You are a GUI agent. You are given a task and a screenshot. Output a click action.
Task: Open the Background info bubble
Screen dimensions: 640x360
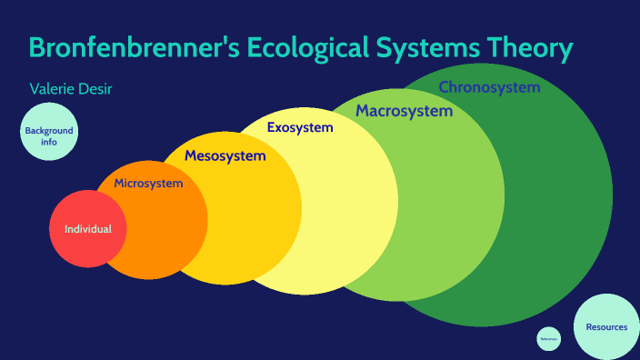coord(48,135)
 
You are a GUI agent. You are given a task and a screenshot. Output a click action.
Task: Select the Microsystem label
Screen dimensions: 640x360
coord(148,184)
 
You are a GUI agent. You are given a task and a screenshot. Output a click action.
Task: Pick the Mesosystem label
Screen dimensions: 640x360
coord(225,156)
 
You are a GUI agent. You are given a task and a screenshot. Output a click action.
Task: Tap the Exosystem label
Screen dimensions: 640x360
coord(300,127)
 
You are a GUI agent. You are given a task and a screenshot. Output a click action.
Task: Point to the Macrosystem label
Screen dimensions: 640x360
coord(404,111)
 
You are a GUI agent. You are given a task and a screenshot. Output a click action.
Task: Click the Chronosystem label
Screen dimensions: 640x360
coord(489,87)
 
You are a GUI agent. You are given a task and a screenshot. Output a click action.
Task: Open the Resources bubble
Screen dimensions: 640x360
coord(606,326)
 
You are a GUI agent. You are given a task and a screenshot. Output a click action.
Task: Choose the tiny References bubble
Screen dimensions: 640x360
coord(548,339)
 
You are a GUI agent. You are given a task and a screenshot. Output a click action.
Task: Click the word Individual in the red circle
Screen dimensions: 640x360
coord(88,229)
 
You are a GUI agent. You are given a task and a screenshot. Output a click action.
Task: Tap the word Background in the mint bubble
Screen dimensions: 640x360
coord(49,131)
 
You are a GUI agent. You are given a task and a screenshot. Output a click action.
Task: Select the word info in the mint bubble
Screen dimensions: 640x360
coord(48,142)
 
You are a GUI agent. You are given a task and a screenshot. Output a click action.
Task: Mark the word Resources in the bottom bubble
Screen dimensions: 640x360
coord(606,327)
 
